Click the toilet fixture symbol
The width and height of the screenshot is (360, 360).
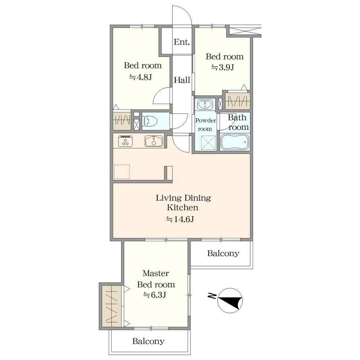[x=150, y=121]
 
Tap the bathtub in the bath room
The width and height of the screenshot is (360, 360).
[x=235, y=142]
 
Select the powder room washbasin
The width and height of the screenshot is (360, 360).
[x=205, y=105]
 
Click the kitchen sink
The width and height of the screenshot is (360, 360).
[x=154, y=141]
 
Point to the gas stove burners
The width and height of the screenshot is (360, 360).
[x=125, y=141]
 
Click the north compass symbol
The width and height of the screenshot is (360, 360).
[x=230, y=300]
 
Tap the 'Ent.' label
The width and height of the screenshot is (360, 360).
[x=182, y=42]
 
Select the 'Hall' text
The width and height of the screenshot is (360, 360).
[x=182, y=80]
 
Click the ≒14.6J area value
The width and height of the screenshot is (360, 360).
[x=180, y=219]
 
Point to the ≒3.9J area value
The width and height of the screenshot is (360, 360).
[x=222, y=68]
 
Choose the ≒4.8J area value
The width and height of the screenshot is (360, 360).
[x=140, y=77]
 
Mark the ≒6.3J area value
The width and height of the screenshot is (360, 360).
[x=154, y=294]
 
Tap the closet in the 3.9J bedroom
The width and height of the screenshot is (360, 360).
[x=237, y=101]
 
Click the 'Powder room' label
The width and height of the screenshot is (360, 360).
[x=205, y=125]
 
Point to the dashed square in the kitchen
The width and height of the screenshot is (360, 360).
[x=122, y=171]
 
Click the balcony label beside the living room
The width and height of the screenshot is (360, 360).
[x=223, y=253]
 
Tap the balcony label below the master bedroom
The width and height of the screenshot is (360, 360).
[x=148, y=341]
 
